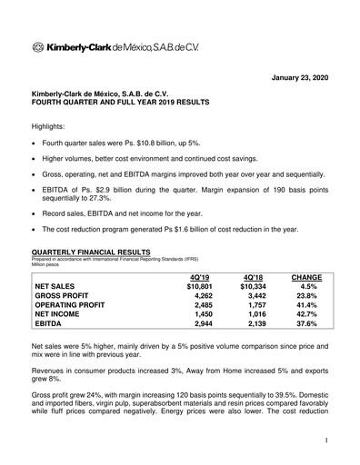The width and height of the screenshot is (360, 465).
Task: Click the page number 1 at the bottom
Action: coord(324,440)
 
